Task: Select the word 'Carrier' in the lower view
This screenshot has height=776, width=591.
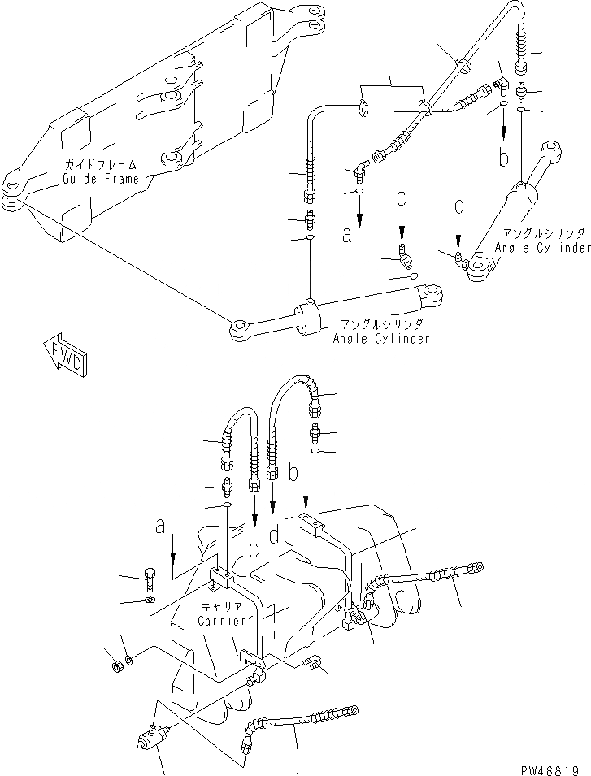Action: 221,621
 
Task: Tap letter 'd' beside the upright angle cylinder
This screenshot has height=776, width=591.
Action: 458,208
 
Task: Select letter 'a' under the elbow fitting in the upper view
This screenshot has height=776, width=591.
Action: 346,236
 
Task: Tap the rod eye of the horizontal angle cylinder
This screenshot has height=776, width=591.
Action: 240,329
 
